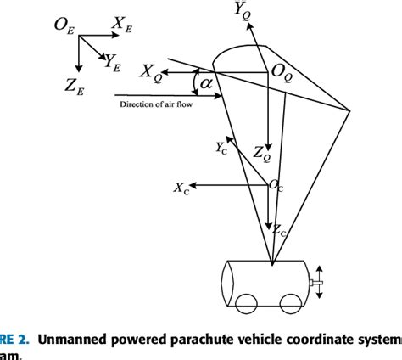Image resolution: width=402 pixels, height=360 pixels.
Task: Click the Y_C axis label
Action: coord(221,148)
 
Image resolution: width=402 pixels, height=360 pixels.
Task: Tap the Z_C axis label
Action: coord(278,228)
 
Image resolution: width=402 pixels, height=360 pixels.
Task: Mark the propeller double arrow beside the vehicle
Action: coord(320,282)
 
